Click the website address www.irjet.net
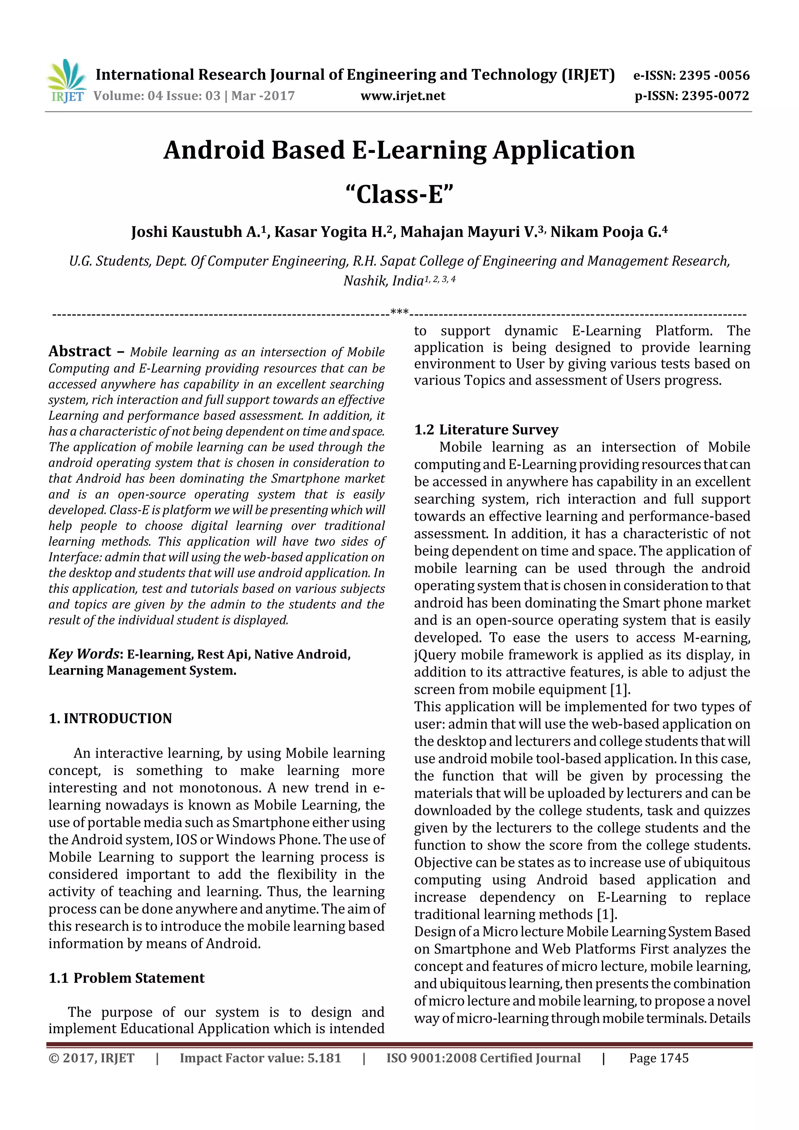point(402,96)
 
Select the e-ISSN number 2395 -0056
point(714,76)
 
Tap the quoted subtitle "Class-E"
point(399,194)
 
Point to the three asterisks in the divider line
point(399,312)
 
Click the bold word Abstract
point(80,351)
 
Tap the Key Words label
point(84,654)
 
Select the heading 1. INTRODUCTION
point(110,718)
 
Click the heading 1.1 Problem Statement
point(126,978)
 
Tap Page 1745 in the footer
point(658,1058)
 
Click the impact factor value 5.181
point(324,1058)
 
